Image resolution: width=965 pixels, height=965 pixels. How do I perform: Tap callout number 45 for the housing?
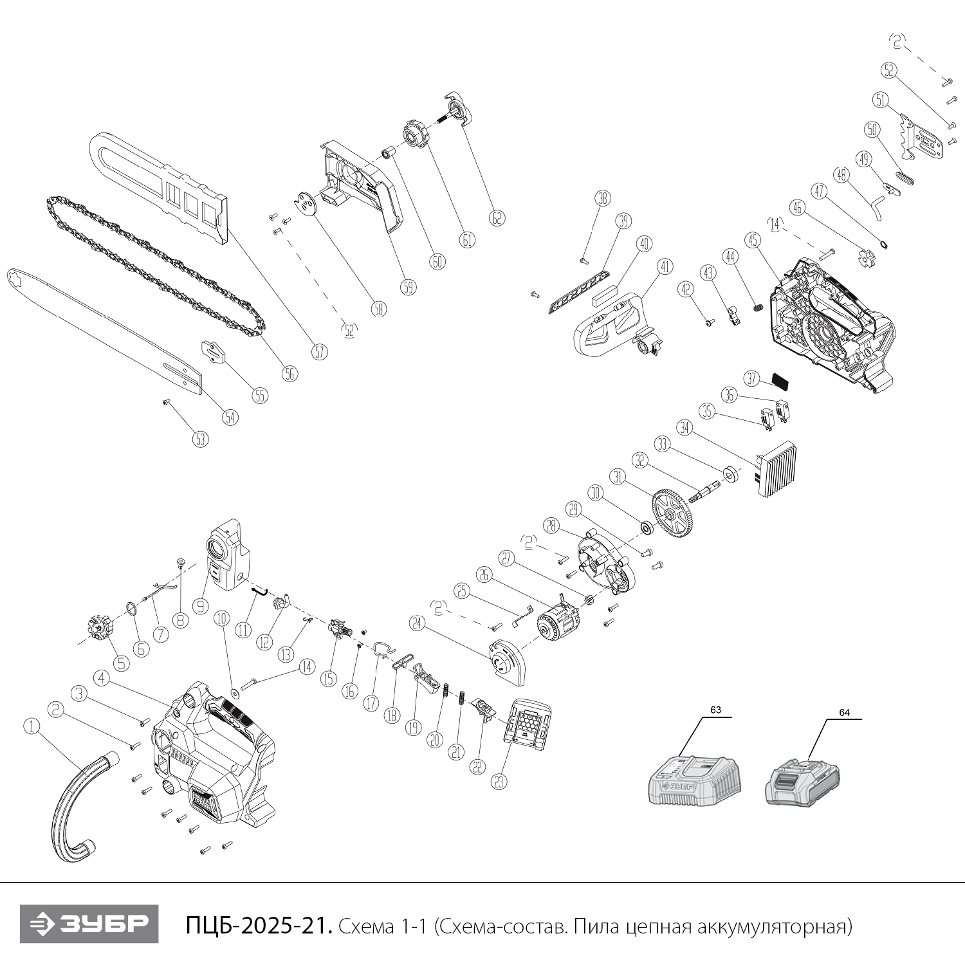point(753,240)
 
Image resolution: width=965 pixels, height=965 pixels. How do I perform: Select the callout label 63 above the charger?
point(715,710)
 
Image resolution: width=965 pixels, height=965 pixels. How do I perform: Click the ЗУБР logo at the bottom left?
point(89,924)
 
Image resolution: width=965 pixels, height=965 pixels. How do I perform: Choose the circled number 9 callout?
point(201,605)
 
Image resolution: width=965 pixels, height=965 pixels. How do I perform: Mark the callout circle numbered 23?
point(499,780)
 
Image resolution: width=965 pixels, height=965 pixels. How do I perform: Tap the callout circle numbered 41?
point(665,266)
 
